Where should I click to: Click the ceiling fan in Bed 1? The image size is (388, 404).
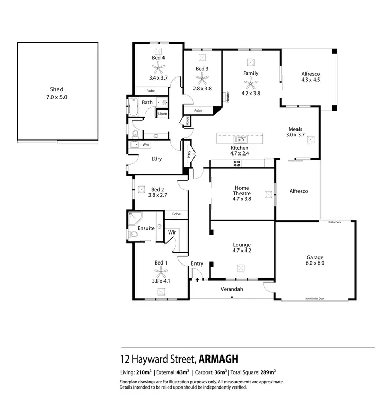[x=161, y=273]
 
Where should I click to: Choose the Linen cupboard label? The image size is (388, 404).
[x=162, y=113]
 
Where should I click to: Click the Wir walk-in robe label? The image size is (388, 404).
[x=172, y=232]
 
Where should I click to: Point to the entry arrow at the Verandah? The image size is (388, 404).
[x=197, y=279]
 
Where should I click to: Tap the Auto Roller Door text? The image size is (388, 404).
[x=315, y=299]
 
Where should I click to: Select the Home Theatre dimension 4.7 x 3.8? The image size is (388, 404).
[x=242, y=199]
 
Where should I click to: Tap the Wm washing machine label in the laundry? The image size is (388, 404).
[x=146, y=145]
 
